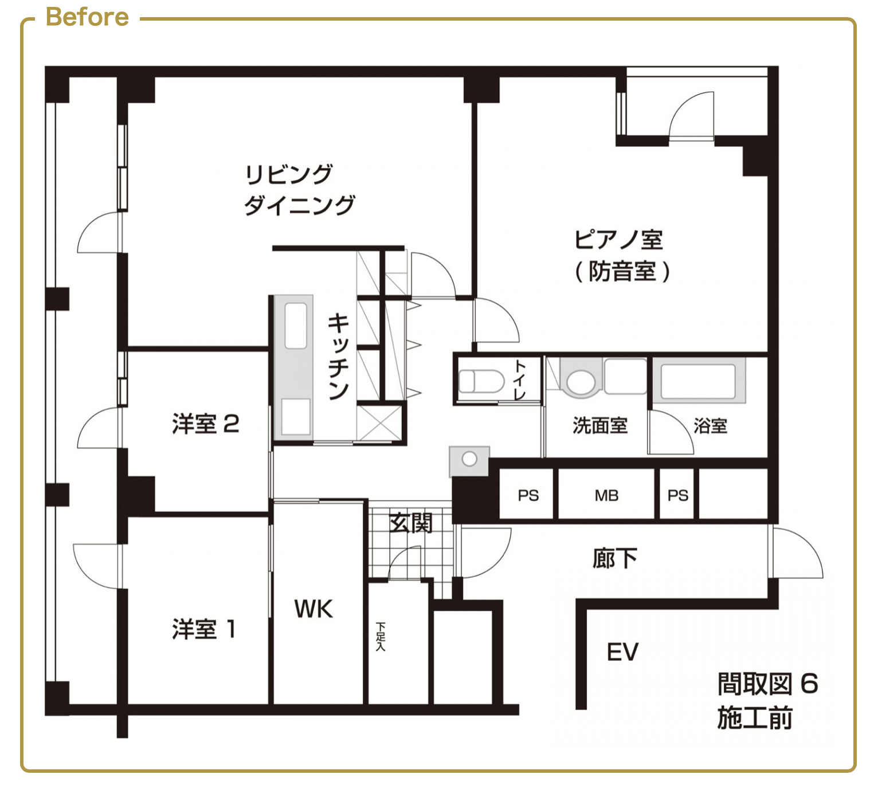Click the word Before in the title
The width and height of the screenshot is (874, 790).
(x=87, y=17)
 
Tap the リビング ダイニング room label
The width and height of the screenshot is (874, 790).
(x=299, y=190)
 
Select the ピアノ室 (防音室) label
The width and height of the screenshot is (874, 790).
(x=622, y=256)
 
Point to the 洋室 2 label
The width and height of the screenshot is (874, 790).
(x=206, y=423)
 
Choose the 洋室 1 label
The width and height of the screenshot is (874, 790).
(x=204, y=629)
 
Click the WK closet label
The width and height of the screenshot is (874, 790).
(x=313, y=609)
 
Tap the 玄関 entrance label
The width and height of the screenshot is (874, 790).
(x=410, y=523)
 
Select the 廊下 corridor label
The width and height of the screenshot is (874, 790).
(x=615, y=558)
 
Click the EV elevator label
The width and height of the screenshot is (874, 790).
(x=622, y=652)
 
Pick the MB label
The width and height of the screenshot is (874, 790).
(x=606, y=495)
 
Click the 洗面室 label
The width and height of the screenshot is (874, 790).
(x=600, y=425)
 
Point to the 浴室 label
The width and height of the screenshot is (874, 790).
(x=711, y=425)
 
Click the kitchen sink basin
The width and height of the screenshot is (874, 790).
(x=296, y=325)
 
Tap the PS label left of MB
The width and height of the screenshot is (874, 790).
(x=528, y=495)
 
